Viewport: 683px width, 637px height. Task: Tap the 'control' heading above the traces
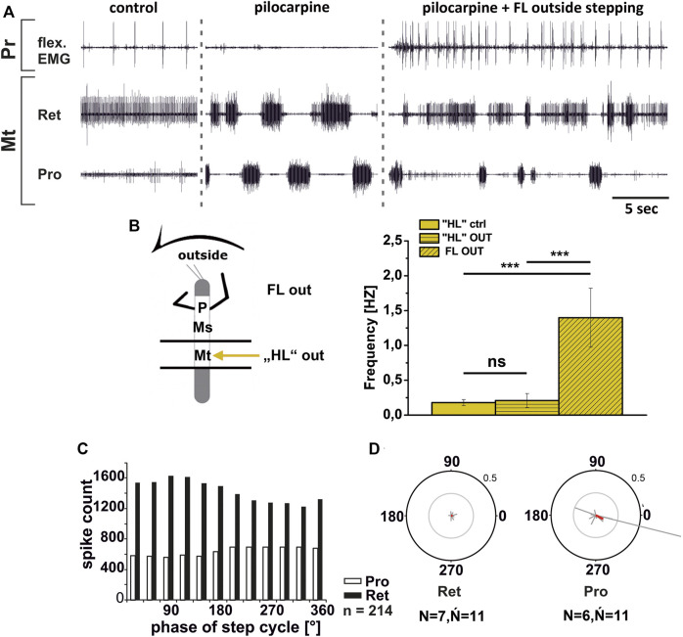point(135,11)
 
